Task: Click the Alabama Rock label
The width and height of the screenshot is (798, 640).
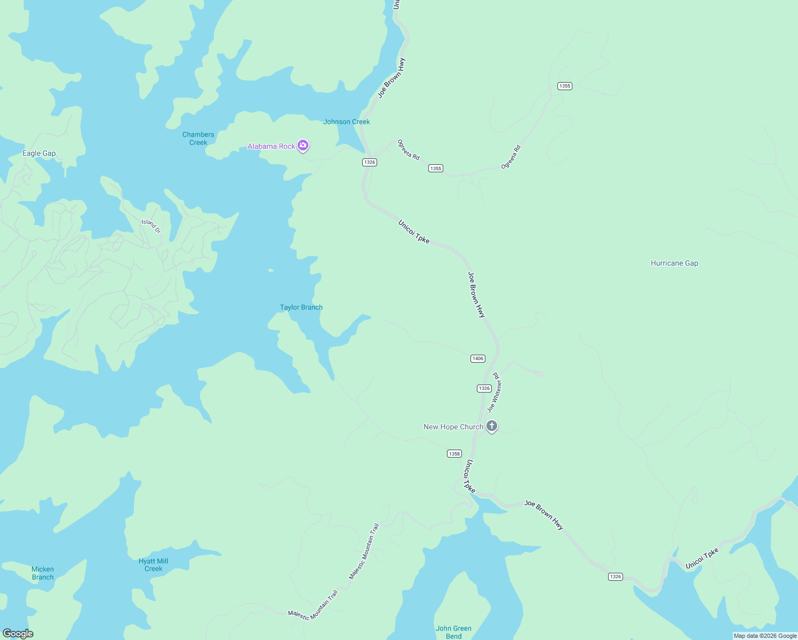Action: pos(271,146)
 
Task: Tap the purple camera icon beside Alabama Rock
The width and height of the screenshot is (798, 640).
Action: pos(303,145)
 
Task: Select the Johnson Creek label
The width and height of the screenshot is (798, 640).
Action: pos(346,122)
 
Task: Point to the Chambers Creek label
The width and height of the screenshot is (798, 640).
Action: pos(198,139)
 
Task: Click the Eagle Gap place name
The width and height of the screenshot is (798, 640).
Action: pos(39,154)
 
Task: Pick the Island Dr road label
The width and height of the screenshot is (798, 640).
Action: pos(151,226)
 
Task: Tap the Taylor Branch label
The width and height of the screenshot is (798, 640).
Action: pos(301,307)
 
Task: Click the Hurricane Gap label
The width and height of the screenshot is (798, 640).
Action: pos(674,263)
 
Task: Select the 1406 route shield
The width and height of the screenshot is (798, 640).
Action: pos(478,358)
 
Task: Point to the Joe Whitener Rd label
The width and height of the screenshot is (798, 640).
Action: pos(495,392)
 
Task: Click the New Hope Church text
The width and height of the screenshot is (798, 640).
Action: pos(453,427)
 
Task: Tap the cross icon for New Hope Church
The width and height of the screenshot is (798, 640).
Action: pos(492,426)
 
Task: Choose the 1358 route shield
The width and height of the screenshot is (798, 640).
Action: pos(454,454)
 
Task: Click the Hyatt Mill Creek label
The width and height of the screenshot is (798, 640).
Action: pos(154,565)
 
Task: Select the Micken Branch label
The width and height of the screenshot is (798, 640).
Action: pos(43,573)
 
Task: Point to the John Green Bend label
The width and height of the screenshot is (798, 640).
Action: pos(453,632)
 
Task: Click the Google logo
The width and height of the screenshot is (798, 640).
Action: pos(18,634)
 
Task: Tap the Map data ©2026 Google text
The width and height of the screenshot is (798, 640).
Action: pos(765,636)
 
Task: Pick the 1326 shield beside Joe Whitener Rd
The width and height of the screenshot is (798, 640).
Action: pos(484,388)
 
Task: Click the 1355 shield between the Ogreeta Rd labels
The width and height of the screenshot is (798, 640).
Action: pos(436,169)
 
